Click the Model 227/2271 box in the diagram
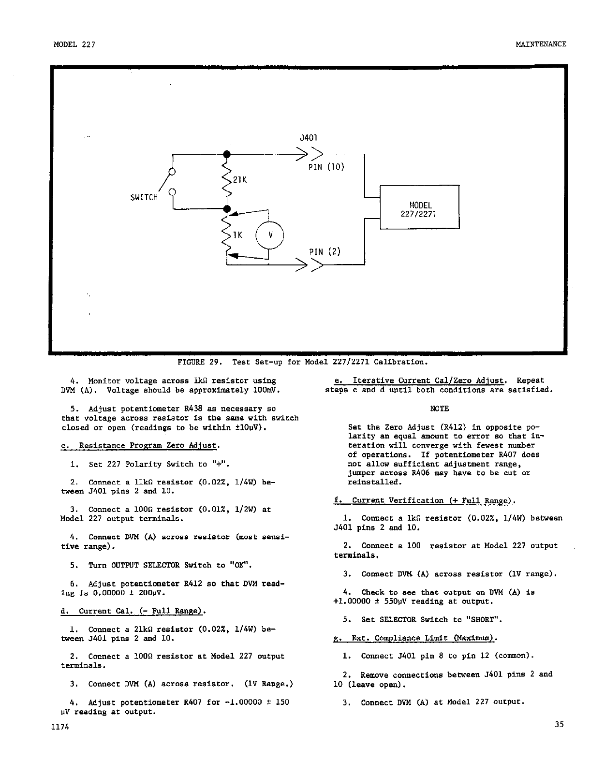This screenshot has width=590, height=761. coord(419,207)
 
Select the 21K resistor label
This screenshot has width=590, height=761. coord(240,180)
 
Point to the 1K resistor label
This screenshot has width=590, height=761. coord(237,235)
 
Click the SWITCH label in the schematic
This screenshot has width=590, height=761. coord(144,197)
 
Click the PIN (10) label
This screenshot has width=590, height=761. coord(326,167)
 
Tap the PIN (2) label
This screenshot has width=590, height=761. coord(324,251)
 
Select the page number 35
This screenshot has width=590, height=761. coord(560,724)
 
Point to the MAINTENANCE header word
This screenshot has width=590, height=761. coord(541,44)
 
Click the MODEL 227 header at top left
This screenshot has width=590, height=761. coord(74,44)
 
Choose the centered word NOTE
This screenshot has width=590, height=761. coord(439,409)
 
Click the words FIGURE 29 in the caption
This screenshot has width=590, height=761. coord(199,362)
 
